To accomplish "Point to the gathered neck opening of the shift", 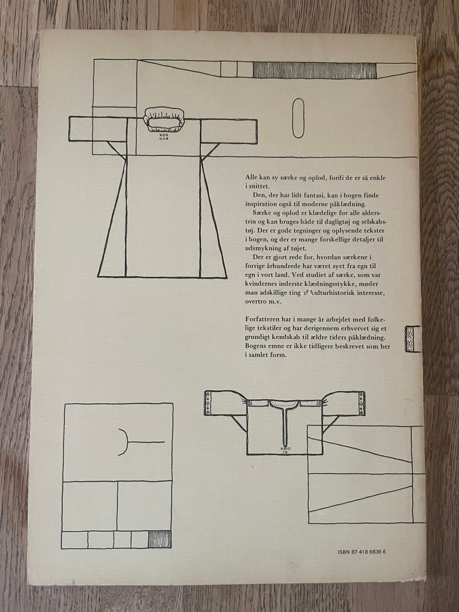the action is click(x=164, y=120).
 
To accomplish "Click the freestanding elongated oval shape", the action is click(x=298, y=118).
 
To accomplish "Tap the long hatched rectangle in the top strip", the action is click(x=315, y=69).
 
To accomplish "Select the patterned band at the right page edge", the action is click(x=409, y=339).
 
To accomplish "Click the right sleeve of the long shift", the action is click(x=228, y=131).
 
